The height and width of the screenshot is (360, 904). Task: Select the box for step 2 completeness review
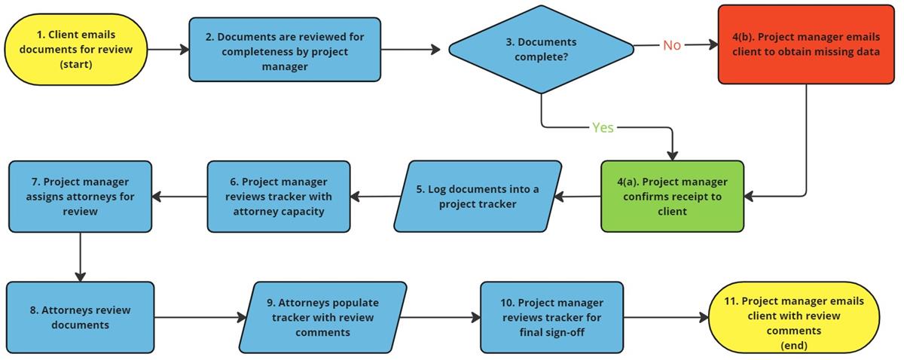285,50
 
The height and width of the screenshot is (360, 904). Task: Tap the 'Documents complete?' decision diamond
541,50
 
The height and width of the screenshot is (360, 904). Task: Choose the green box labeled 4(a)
672,196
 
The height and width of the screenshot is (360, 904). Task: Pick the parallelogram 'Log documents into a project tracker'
478,196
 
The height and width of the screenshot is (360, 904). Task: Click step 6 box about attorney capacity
279,196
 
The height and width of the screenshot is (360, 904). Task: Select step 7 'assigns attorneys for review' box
81,196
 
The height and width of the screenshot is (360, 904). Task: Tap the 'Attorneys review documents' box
81,317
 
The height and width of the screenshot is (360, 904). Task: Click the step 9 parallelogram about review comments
324,317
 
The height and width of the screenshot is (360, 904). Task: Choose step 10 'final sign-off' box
552,317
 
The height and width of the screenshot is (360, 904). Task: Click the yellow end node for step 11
805,317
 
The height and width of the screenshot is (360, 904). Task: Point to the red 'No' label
671,45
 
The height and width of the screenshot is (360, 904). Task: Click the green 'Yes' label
603,127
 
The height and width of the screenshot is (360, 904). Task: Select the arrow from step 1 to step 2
168,50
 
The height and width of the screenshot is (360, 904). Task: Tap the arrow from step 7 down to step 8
81,256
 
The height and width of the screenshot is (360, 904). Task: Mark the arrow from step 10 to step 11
666,317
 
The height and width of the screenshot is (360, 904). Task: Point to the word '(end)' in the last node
805,346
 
